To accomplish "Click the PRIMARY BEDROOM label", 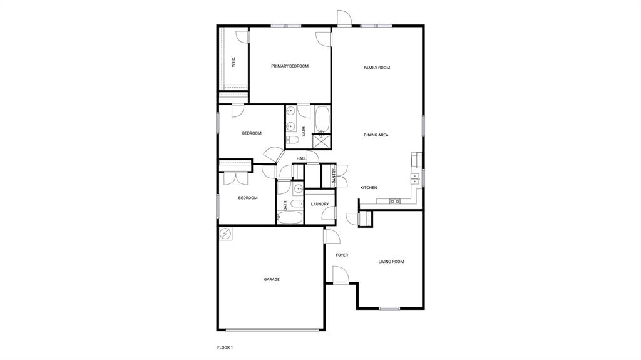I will click(x=289, y=66).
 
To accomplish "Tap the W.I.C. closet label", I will click(x=233, y=62).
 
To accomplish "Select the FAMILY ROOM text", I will click(x=377, y=68).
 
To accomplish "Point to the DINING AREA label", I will click(x=376, y=135).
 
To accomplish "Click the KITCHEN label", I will click(x=369, y=188).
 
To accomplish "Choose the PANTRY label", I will click(x=334, y=176).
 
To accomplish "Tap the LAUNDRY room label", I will click(x=320, y=204).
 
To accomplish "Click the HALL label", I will click(x=302, y=159).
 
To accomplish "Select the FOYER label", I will click(x=342, y=255).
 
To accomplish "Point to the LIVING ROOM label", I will click(x=391, y=262).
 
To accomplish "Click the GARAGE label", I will click(x=272, y=279).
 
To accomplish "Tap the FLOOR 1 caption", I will click(x=225, y=347).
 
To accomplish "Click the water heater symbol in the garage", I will click(x=225, y=235).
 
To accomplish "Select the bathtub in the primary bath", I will click(x=322, y=118).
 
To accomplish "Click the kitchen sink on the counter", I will click(x=395, y=202).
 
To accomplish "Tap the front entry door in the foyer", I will click(x=340, y=275).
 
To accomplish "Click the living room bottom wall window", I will click(x=389, y=308).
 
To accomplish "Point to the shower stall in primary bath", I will click(x=320, y=140).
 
